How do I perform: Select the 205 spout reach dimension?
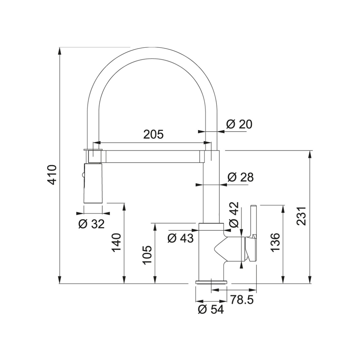pos(153,134)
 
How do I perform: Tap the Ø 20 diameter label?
pos(239,124)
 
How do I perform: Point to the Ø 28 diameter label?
pos(241,177)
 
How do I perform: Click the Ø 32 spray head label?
pos(91,224)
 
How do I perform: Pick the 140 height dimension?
pos(116,243)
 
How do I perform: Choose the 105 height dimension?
pos(147,255)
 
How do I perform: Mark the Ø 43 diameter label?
pos(181,238)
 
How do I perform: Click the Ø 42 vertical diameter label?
pos(234,215)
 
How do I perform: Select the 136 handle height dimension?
pos(275,243)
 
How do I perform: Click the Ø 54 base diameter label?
pos(211,310)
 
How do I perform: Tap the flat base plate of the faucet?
pos(211,282)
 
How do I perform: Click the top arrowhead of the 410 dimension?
pos(60,51)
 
